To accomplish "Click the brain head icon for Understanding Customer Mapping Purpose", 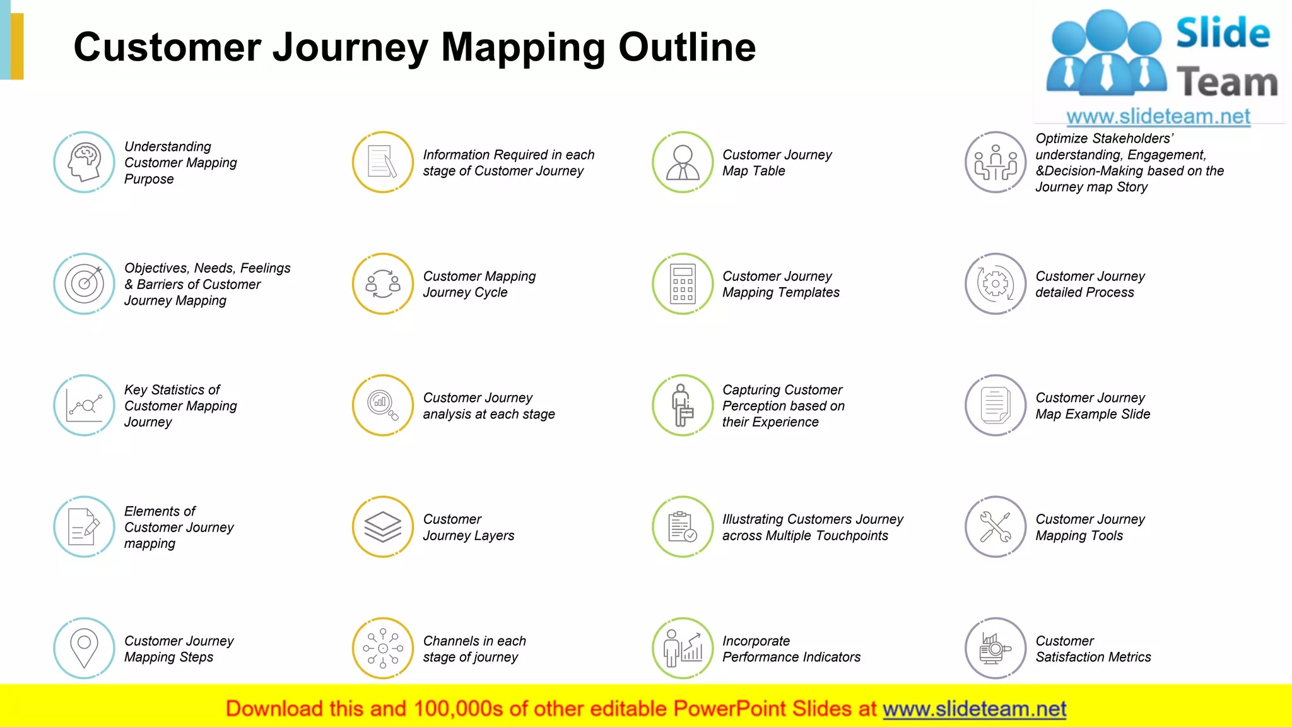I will click(x=84, y=162).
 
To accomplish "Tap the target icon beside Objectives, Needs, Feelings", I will click(x=84, y=284).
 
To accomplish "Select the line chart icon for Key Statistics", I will click(x=84, y=405).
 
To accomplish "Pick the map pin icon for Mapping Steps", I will click(x=84, y=648).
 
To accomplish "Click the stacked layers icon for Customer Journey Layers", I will click(x=383, y=527).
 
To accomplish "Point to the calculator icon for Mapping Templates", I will click(x=683, y=284).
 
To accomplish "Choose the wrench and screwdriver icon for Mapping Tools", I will click(x=995, y=527).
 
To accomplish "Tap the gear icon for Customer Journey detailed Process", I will click(x=995, y=284).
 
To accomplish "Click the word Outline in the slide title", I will click(x=687, y=47).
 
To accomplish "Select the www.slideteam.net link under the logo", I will click(x=1158, y=117).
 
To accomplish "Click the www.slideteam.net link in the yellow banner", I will click(x=974, y=709).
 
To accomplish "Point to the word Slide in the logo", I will click(x=1223, y=33).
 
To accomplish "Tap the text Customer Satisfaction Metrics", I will click(x=1093, y=649).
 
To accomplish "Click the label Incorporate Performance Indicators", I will click(x=791, y=649).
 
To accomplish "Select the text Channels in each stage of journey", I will click(x=474, y=649).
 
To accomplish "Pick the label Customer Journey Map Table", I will click(x=777, y=163).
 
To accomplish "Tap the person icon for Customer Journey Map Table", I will click(x=683, y=162).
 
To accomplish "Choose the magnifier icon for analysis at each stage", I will click(x=383, y=405).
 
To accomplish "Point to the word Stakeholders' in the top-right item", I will click(x=1132, y=138).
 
